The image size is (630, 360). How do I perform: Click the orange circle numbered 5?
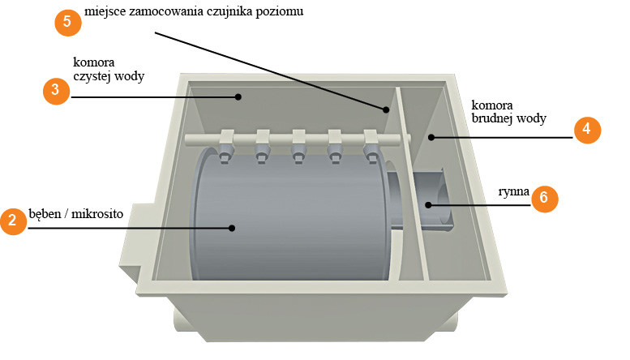[68, 23]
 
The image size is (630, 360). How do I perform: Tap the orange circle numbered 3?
[56, 91]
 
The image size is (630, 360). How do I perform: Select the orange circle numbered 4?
[587, 130]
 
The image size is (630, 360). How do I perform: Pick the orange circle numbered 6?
[544, 199]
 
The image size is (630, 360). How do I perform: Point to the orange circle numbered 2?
[13, 221]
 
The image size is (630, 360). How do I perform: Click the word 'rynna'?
[513, 191]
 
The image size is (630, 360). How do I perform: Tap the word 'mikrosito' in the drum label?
[97, 214]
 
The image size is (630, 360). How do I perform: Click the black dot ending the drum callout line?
[232, 228]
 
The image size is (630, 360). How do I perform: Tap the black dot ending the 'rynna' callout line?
[428, 205]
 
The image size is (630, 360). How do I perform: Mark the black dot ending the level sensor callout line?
[386, 109]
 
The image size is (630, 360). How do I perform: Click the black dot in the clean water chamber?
[238, 96]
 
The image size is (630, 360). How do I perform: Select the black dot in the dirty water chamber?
[431, 137]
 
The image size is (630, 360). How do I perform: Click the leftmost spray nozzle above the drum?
[226, 151]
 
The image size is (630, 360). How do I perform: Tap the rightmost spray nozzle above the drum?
[371, 151]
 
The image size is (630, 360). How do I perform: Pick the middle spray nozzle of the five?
[298, 151]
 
